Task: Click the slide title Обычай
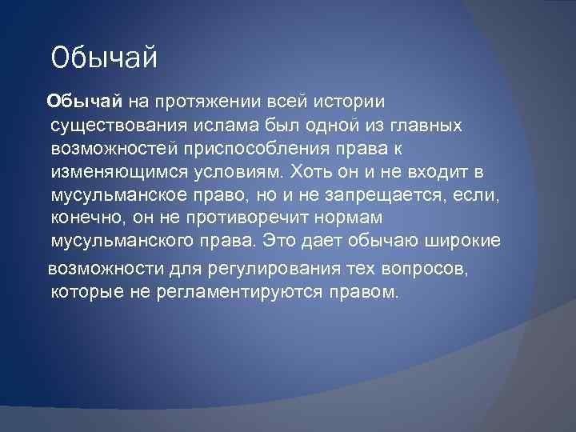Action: coord(105,58)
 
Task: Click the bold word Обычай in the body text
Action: coord(84,102)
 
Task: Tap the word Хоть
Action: coord(312,173)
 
